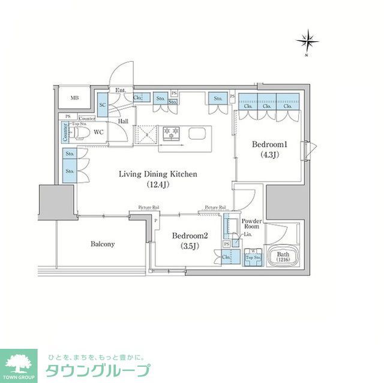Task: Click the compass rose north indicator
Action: pos(307,41)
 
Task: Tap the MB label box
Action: pos(75,98)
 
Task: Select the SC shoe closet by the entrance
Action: pos(102,104)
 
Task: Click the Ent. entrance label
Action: pos(120,91)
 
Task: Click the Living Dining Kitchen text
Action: pos(158,174)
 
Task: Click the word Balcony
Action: pos(103,244)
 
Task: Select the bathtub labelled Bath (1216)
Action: pos(283,257)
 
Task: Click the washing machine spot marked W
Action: pos(253,252)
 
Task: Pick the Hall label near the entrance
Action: pos(123,121)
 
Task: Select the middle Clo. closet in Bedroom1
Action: pos(266,105)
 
